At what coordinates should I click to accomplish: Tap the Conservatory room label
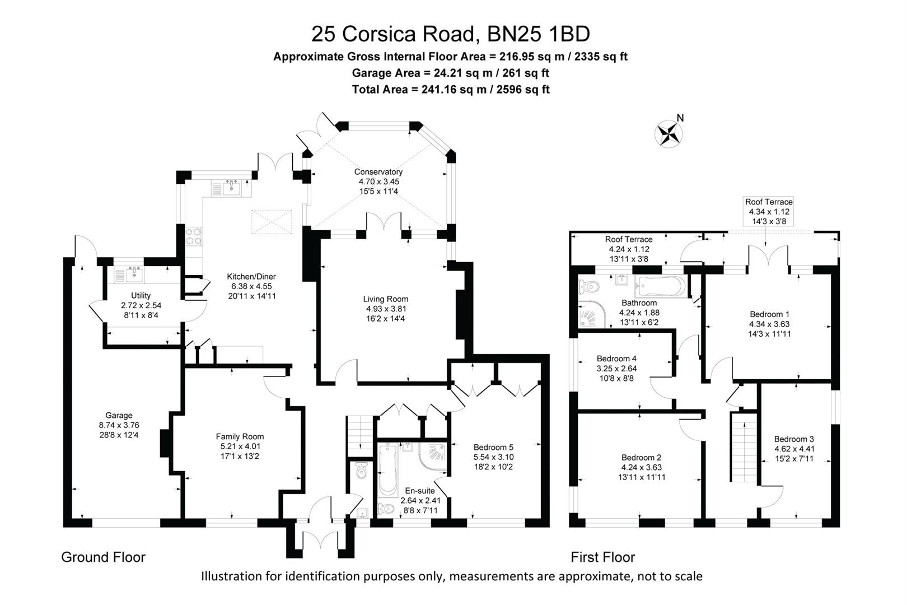[x=378, y=172]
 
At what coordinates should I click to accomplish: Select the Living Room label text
[x=385, y=299]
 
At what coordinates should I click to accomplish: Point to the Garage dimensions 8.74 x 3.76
[x=119, y=425]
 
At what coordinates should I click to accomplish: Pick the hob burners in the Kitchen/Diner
[x=194, y=236]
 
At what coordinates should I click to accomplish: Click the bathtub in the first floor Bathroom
[x=661, y=286]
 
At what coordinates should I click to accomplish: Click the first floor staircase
[x=744, y=448]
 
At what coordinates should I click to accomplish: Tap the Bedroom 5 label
[x=493, y=448]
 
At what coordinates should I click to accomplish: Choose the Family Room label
[x=240, y=436]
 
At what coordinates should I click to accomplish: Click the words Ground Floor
[x=103, y=557]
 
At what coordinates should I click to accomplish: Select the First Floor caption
[x=603, y=557]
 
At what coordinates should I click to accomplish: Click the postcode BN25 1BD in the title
[x=539, y=34]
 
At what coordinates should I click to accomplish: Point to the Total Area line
[x=451, y=89]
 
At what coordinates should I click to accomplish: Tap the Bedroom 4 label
[x=616, y=359]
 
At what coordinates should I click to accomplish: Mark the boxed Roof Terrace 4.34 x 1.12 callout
[x=769, y=211]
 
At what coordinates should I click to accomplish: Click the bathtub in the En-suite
[x=388, y=471]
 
